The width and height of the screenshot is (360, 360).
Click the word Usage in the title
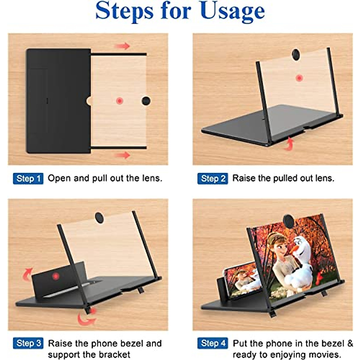pos(232,11)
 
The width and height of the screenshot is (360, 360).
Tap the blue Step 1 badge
pos(28,178)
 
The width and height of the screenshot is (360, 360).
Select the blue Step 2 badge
pos(213,178)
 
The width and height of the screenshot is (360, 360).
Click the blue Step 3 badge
pos(28,343)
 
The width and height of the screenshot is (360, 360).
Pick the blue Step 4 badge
pos(213,343)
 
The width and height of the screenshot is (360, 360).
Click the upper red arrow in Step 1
pos(122,46)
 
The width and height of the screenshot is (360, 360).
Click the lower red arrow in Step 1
pos(122,155)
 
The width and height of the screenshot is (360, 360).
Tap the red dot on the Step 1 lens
pos(120,101)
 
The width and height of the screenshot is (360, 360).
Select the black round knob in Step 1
pos(146,101)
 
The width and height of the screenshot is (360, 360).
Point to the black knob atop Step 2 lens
pos(296,54)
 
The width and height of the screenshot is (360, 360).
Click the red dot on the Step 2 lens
pos(299,78)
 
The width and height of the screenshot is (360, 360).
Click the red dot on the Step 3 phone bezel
pos(56,276)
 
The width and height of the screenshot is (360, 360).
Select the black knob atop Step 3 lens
pos(99,217)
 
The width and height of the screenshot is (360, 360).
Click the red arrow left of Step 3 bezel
pos(28,273)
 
